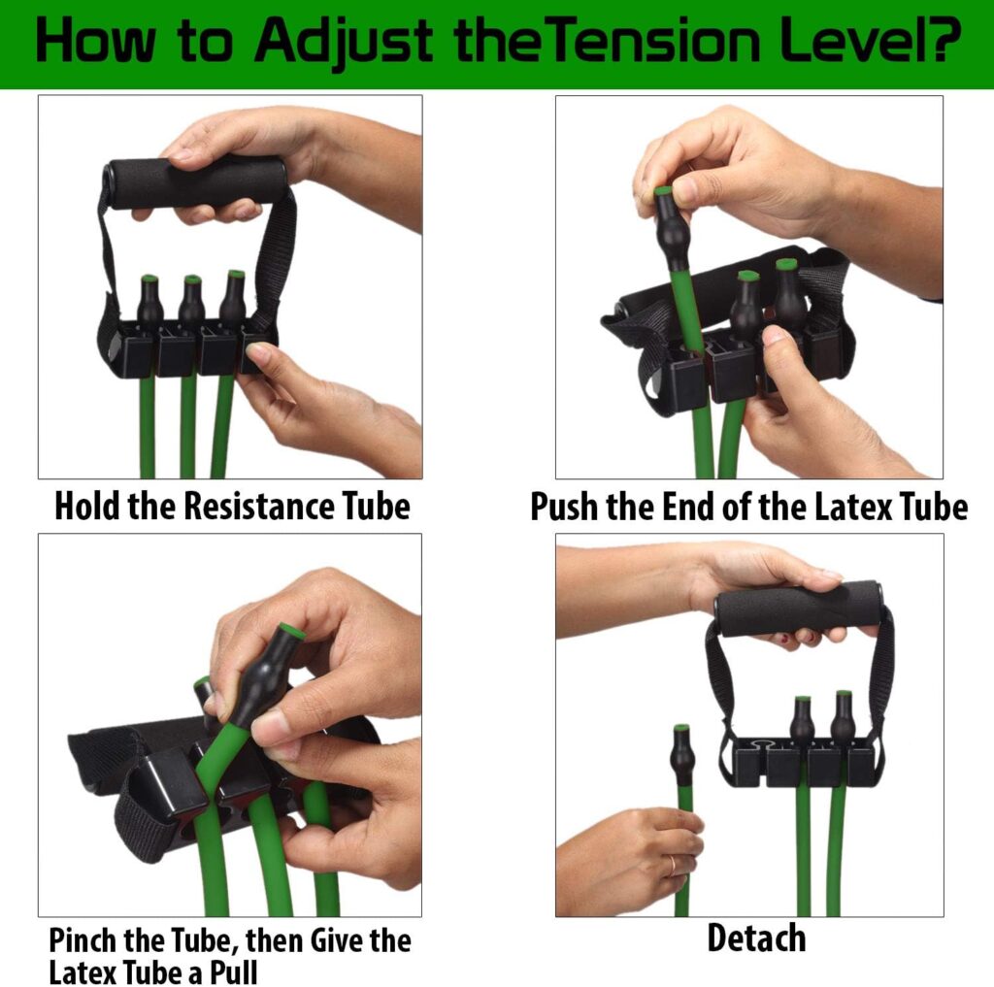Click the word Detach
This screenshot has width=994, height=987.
pyautogui.click(x=755, y=938)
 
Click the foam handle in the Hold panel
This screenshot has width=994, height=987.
pyautogui.click(x=195, y=181)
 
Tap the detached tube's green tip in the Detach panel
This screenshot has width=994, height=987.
pyautogui.click(x=682, y=728)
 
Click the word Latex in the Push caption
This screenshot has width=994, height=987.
pyautogui.click(x=849, y=507)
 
